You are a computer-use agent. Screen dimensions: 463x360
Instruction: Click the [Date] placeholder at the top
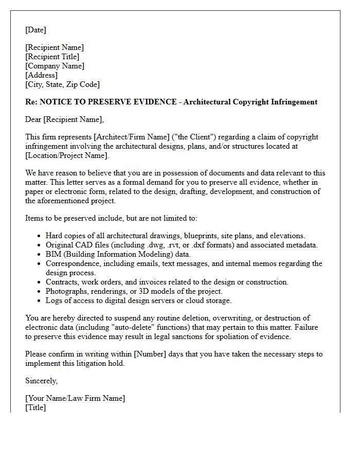coord(35,30)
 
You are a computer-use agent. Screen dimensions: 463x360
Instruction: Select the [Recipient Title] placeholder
coord(52,57)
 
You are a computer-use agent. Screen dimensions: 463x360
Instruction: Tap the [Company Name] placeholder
coord(55,66)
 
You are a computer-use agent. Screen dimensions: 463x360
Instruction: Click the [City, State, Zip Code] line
coord(62,84)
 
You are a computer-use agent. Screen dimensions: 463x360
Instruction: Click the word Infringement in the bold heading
coord(291,102)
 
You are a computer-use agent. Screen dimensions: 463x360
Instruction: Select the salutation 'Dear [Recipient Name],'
coord(64,120)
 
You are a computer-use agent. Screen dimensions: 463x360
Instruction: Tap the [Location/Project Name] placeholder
coord(66,155)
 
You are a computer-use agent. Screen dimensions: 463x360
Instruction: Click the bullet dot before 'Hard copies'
coord(40,236)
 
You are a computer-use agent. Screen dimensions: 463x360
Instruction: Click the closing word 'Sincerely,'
coord(42,381)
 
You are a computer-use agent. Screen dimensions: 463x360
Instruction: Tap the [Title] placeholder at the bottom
coord(35,407)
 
